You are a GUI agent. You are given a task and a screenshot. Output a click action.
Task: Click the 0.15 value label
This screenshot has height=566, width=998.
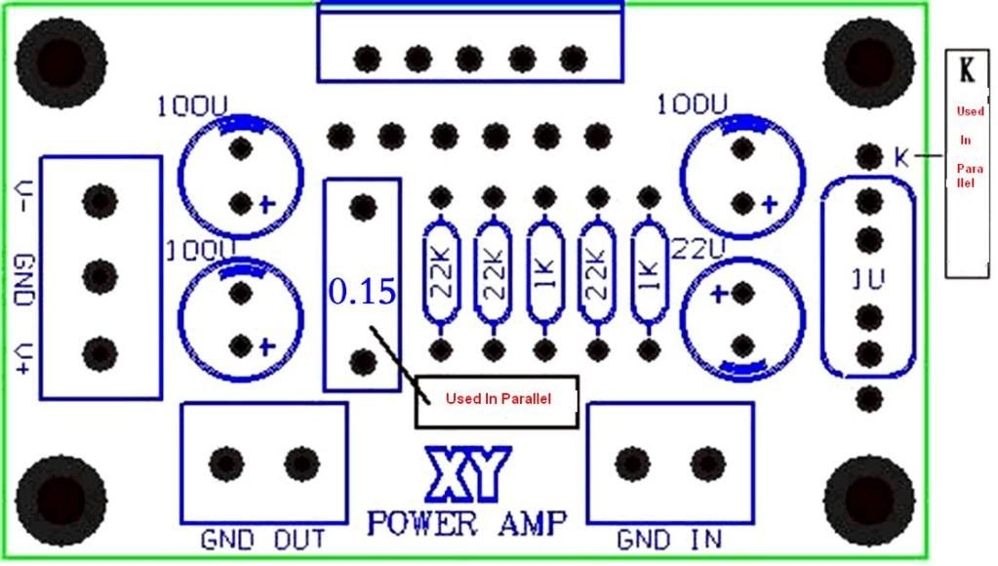click(362, 291)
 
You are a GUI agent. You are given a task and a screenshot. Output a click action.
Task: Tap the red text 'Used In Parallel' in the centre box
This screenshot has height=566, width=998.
click(498, 399)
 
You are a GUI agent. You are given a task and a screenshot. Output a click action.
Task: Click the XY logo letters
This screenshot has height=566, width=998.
click(465, 475)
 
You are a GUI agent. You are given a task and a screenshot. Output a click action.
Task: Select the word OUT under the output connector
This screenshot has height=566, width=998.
click(299, 538)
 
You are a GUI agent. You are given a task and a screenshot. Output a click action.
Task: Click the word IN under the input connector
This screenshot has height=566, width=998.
click(708, 538)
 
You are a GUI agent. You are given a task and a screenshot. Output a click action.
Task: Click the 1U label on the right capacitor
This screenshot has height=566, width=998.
click(867, 280)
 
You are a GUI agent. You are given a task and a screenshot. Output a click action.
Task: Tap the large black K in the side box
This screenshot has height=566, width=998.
click(967, 70)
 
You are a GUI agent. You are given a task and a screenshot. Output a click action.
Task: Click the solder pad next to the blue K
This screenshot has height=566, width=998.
click(868, 156)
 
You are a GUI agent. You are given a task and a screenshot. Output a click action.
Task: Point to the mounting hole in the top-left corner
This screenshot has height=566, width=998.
click(60, 61)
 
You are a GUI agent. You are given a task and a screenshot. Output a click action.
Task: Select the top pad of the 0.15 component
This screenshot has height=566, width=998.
click(363, 206)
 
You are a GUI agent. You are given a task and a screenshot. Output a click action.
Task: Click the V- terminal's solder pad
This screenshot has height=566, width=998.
click(99, 201)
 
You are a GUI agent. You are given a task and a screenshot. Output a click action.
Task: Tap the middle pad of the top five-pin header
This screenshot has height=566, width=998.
click(469, 59)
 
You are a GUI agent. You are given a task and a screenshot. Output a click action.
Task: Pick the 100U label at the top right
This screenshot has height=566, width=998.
click(693, 103)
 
